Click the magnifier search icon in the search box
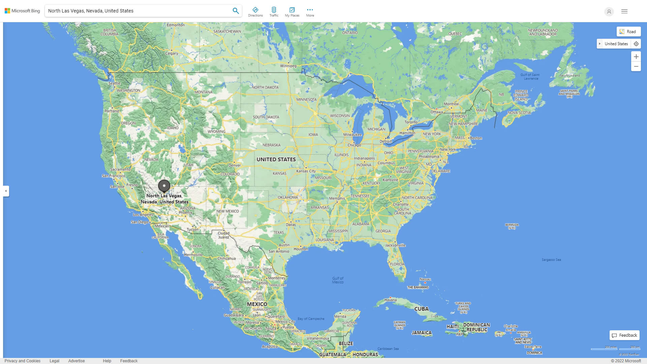coord(236,11)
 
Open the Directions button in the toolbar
coord(255,12)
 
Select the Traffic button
coord(274,12)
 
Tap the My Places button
coord(292,12)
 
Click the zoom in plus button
coord(636,57)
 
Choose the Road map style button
coord(628,32)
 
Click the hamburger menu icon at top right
coord(624,11)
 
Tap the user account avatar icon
coord(609,11)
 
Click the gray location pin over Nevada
coord(164,186)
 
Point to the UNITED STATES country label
coord(276,159)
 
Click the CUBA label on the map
coord(421,309)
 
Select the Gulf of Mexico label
coord(338,280)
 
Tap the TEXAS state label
coord(278,233)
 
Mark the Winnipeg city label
coord(288,66)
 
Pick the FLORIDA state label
coord(397,264)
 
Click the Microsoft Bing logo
coord(22,11)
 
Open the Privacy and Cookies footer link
coord(23,361)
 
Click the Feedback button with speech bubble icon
coord(624,335)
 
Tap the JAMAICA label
coord(422,333)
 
